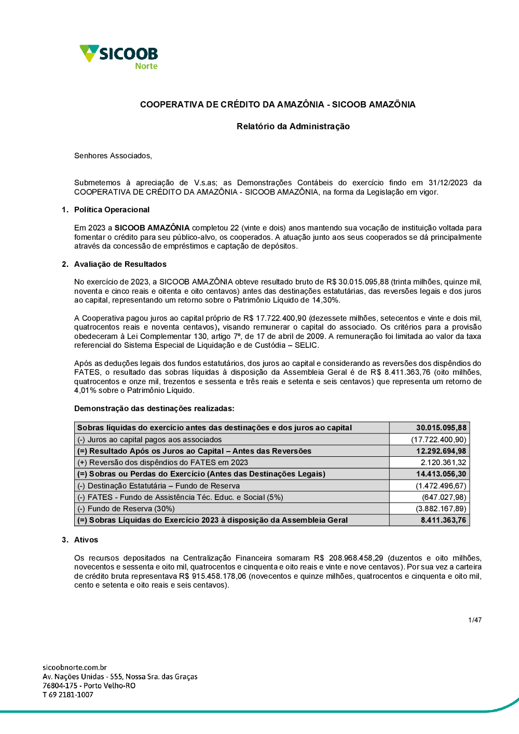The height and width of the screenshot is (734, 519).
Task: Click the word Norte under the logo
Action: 146,66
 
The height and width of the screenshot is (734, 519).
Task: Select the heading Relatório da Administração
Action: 293,126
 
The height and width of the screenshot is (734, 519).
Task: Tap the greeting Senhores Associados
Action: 113,156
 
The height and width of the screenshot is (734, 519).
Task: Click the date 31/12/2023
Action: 447,183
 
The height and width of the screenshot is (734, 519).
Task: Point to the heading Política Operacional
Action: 112,210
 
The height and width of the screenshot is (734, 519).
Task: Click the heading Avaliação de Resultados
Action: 120,264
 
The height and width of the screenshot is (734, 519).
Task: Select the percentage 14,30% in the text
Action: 326,300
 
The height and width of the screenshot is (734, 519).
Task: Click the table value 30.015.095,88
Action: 441,428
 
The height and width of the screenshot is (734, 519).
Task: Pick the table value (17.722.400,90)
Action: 439,440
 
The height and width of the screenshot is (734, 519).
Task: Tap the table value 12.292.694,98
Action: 441,451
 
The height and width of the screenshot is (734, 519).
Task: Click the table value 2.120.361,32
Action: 443,463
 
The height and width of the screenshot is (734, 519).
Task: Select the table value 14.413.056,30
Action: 441,474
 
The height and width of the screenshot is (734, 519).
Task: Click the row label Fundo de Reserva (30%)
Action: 126,509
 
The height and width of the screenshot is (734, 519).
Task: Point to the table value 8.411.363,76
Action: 443,520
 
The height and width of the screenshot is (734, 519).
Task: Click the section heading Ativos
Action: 86,540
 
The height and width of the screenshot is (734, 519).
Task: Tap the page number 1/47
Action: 475,620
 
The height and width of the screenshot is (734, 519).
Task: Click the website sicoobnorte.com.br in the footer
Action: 75,668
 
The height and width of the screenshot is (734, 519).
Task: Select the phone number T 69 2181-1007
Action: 68,695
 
